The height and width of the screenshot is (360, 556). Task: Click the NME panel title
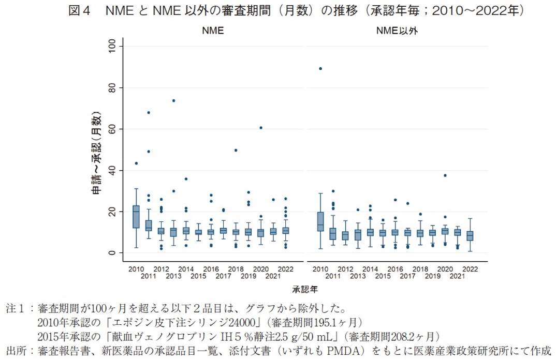[213, 31]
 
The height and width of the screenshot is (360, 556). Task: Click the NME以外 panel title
[397, 31]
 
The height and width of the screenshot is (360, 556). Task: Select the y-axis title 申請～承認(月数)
[96, 155]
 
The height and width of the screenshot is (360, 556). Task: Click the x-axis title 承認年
[304, 288]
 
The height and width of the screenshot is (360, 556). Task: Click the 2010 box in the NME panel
[136, 216]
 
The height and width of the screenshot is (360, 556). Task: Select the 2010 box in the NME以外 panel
[320, 221]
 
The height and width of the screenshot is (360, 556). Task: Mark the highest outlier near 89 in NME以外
[320, 68]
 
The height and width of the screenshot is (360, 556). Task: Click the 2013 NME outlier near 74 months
[173, 100]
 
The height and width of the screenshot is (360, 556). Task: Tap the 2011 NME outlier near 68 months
[149, 112]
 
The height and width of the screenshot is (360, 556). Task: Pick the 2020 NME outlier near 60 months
[261, 127]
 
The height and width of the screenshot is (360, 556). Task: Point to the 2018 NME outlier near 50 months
[236, 150]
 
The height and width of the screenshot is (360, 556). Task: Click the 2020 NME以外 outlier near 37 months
[445, 175]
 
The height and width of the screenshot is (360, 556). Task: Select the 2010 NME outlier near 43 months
[136, 163]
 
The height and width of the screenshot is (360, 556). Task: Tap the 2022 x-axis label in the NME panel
[286, 269]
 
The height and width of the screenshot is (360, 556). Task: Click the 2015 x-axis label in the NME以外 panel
[383, 276]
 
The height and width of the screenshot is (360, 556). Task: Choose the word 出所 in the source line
[16, 350]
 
